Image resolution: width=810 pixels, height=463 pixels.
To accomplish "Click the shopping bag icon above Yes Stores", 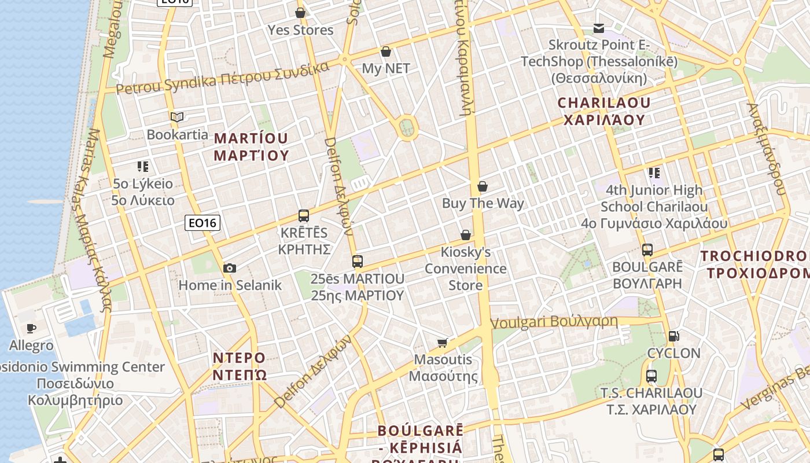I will tap(300, 13).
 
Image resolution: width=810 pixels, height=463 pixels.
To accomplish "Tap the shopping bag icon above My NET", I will tap(386, 52).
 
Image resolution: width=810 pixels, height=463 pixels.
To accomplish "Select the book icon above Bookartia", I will tap(177, 117).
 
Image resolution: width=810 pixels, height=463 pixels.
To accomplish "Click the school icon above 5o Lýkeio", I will tap(143, 167).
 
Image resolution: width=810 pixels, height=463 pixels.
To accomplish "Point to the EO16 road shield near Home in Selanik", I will tap(203, 222).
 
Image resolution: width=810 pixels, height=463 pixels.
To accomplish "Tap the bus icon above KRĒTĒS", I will tap(304, 216).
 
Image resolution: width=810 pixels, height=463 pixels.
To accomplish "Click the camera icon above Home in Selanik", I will tap(230, 268).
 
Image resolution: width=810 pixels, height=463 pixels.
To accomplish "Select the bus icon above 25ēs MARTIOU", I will tap(358, 262).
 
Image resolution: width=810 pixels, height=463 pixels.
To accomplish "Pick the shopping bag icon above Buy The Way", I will tap(483, 186).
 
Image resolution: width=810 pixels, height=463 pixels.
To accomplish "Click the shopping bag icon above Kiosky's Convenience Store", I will tap(466, 235).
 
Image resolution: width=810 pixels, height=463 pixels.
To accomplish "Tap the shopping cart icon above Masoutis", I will tap(443, 343).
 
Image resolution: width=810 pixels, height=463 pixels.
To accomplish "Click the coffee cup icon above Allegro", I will tap(31, 329).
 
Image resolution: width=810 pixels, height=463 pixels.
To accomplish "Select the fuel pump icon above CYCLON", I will tap(673, 336).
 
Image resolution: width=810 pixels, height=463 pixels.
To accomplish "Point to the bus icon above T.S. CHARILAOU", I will tap(651, 376).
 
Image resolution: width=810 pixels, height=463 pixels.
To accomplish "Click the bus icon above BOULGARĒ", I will tap(647, 250).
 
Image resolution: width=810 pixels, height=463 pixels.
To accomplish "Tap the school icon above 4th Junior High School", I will tap(654, 172).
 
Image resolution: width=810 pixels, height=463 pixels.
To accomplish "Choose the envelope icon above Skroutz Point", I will tap(599, 28).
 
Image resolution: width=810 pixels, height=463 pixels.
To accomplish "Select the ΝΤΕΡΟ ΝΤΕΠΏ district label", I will tap(240, 366).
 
